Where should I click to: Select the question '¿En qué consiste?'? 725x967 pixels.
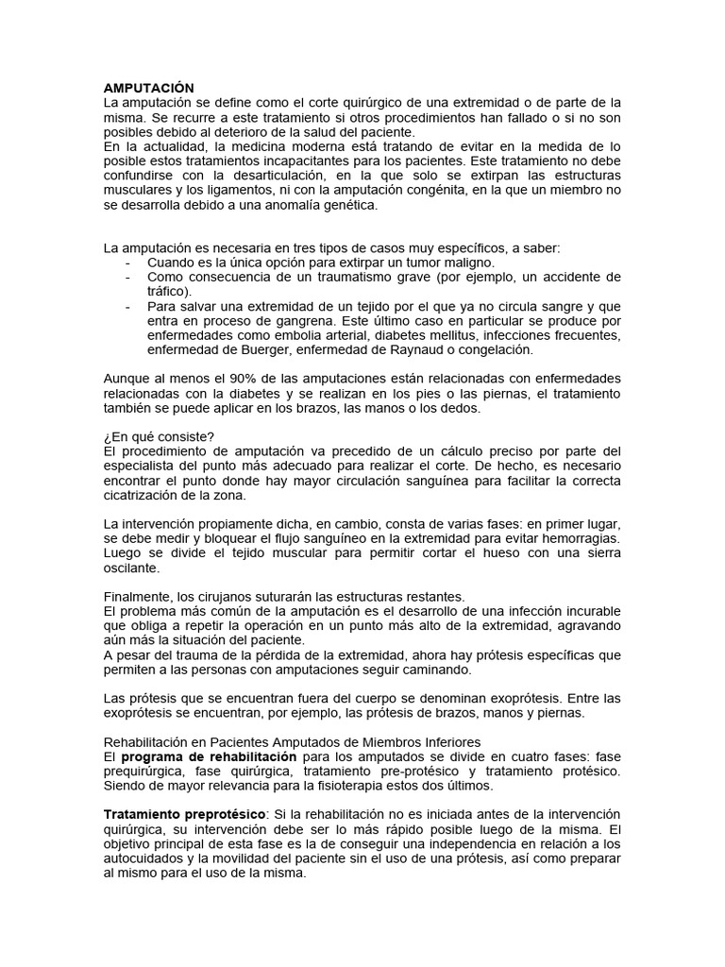pyautogui.click(x=159, y=436)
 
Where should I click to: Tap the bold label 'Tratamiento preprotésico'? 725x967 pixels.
pyautogui.click(x=186, y=814)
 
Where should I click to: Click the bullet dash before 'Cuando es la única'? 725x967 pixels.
pyautogui.click(x=127, y=263)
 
